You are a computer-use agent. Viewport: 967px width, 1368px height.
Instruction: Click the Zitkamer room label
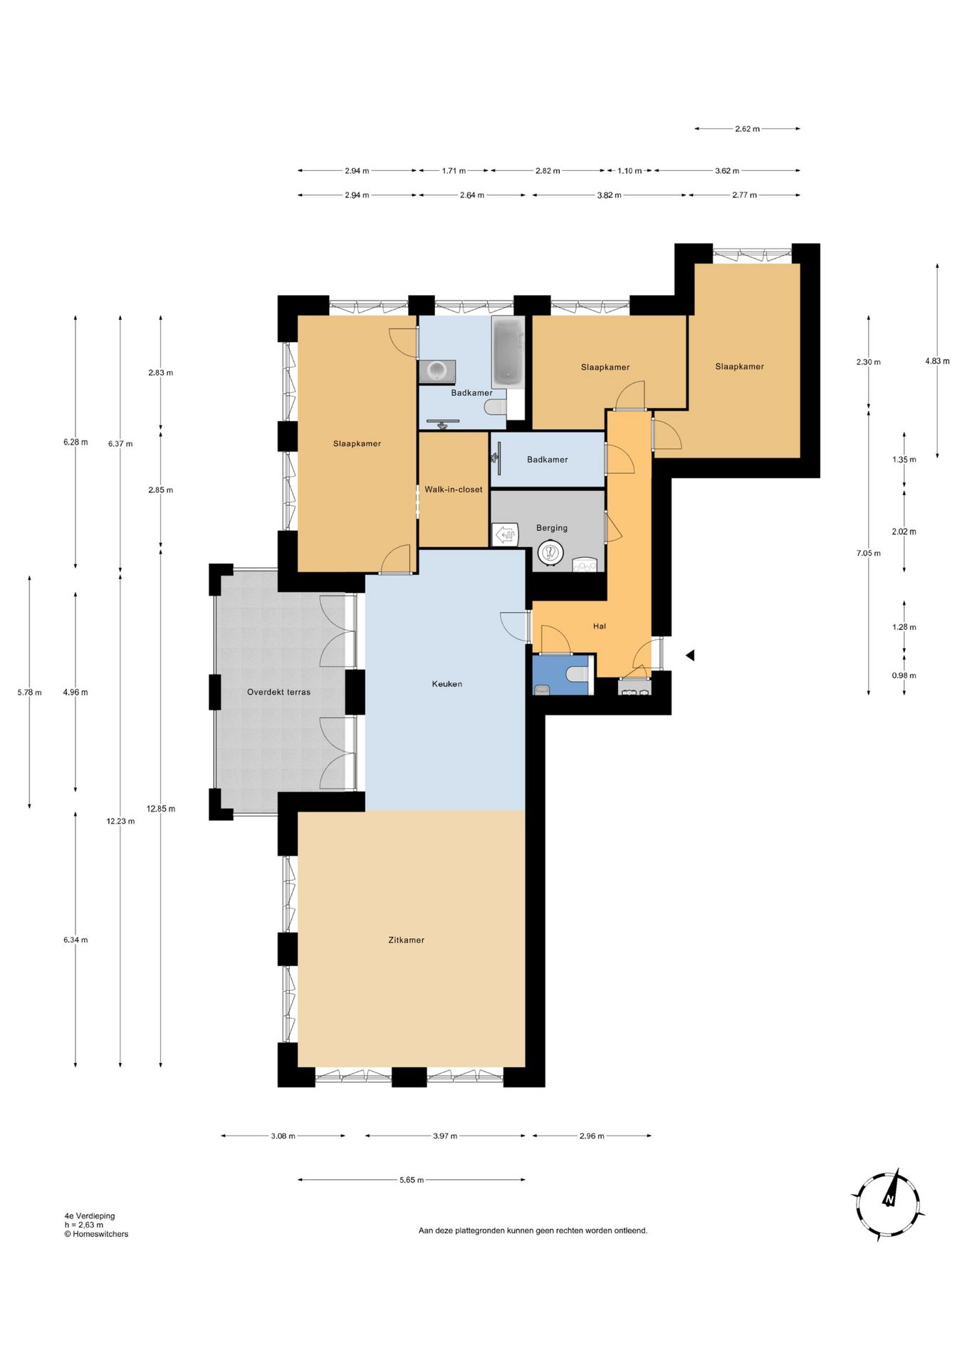[x=406, y=940]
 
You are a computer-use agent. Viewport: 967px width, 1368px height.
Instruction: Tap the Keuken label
[x=446, y=684]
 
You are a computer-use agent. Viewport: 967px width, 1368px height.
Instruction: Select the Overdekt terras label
[x=278, y=692]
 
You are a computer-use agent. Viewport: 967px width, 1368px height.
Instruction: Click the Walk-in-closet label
[x=453, y=489]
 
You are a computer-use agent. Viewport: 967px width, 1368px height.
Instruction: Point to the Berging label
[x=552, y=528]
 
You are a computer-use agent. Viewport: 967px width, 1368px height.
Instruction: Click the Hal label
[x=600, y=626]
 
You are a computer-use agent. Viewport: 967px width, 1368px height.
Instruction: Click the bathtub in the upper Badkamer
[x=508, y=351]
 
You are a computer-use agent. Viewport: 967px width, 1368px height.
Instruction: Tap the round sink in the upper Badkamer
[x=437, y=370]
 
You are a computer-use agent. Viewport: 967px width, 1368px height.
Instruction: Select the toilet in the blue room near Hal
[x=577, y=674]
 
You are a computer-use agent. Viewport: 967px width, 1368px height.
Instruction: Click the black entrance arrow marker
[x=689, y=655]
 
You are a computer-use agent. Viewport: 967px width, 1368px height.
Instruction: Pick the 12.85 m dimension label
[x=161, y=809]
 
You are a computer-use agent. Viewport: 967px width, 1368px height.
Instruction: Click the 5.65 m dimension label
[x=411, y=1180]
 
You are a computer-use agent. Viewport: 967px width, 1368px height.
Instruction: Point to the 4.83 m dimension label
[x=937, y=361]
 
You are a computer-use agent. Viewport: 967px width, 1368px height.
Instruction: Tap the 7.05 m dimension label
[x=868, y=553]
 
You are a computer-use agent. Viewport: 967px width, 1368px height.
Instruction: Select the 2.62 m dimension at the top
[x=747, y=129]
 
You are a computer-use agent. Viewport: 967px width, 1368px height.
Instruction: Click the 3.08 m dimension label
[x=283, y=1136]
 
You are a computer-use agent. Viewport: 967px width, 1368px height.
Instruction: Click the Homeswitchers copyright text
[x=97, y=1234]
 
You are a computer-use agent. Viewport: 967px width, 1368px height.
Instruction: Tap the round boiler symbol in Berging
[x=550, y=552]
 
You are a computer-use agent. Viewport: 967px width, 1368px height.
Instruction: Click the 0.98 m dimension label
[x=904, y=675]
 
